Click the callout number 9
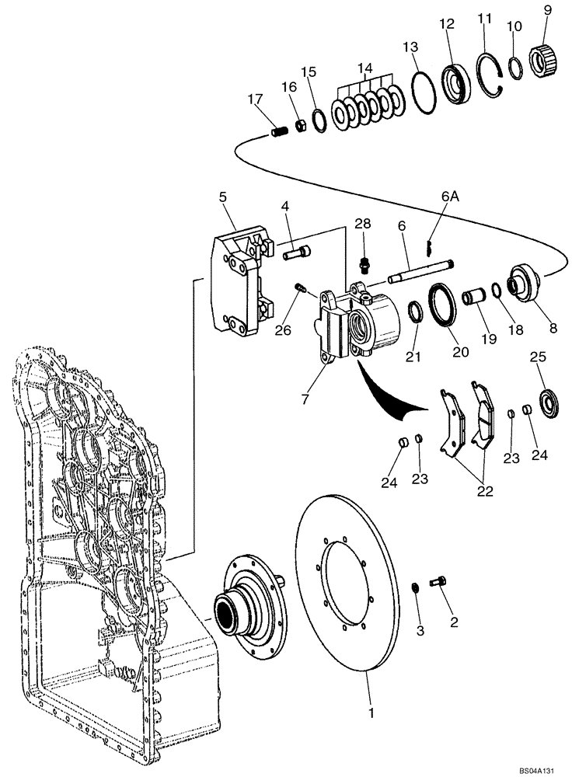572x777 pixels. pos(548,10)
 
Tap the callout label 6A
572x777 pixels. pos(450,198)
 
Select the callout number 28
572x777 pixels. pos(364,224)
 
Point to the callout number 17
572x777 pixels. pos(255,99)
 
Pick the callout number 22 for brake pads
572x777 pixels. pos(485,491)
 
